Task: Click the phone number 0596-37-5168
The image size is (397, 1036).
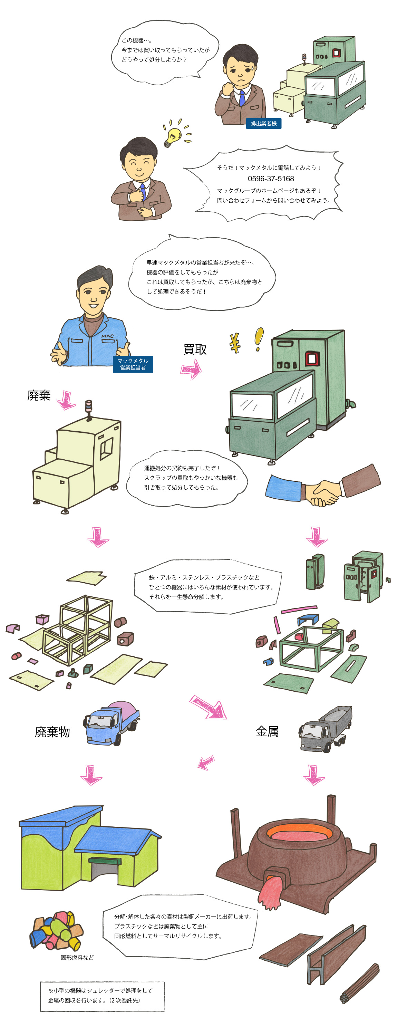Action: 270,179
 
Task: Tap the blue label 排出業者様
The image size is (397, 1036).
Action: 263,124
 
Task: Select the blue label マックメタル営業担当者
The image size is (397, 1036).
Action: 133,364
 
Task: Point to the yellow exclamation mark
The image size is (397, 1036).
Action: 259,339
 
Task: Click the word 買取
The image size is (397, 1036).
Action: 195,349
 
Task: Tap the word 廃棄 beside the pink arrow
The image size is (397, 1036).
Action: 39,395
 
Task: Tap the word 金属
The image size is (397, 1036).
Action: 267,731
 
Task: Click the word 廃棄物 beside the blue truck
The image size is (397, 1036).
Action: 52,732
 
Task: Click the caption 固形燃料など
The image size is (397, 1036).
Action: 77,957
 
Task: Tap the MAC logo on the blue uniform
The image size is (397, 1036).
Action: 107,336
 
